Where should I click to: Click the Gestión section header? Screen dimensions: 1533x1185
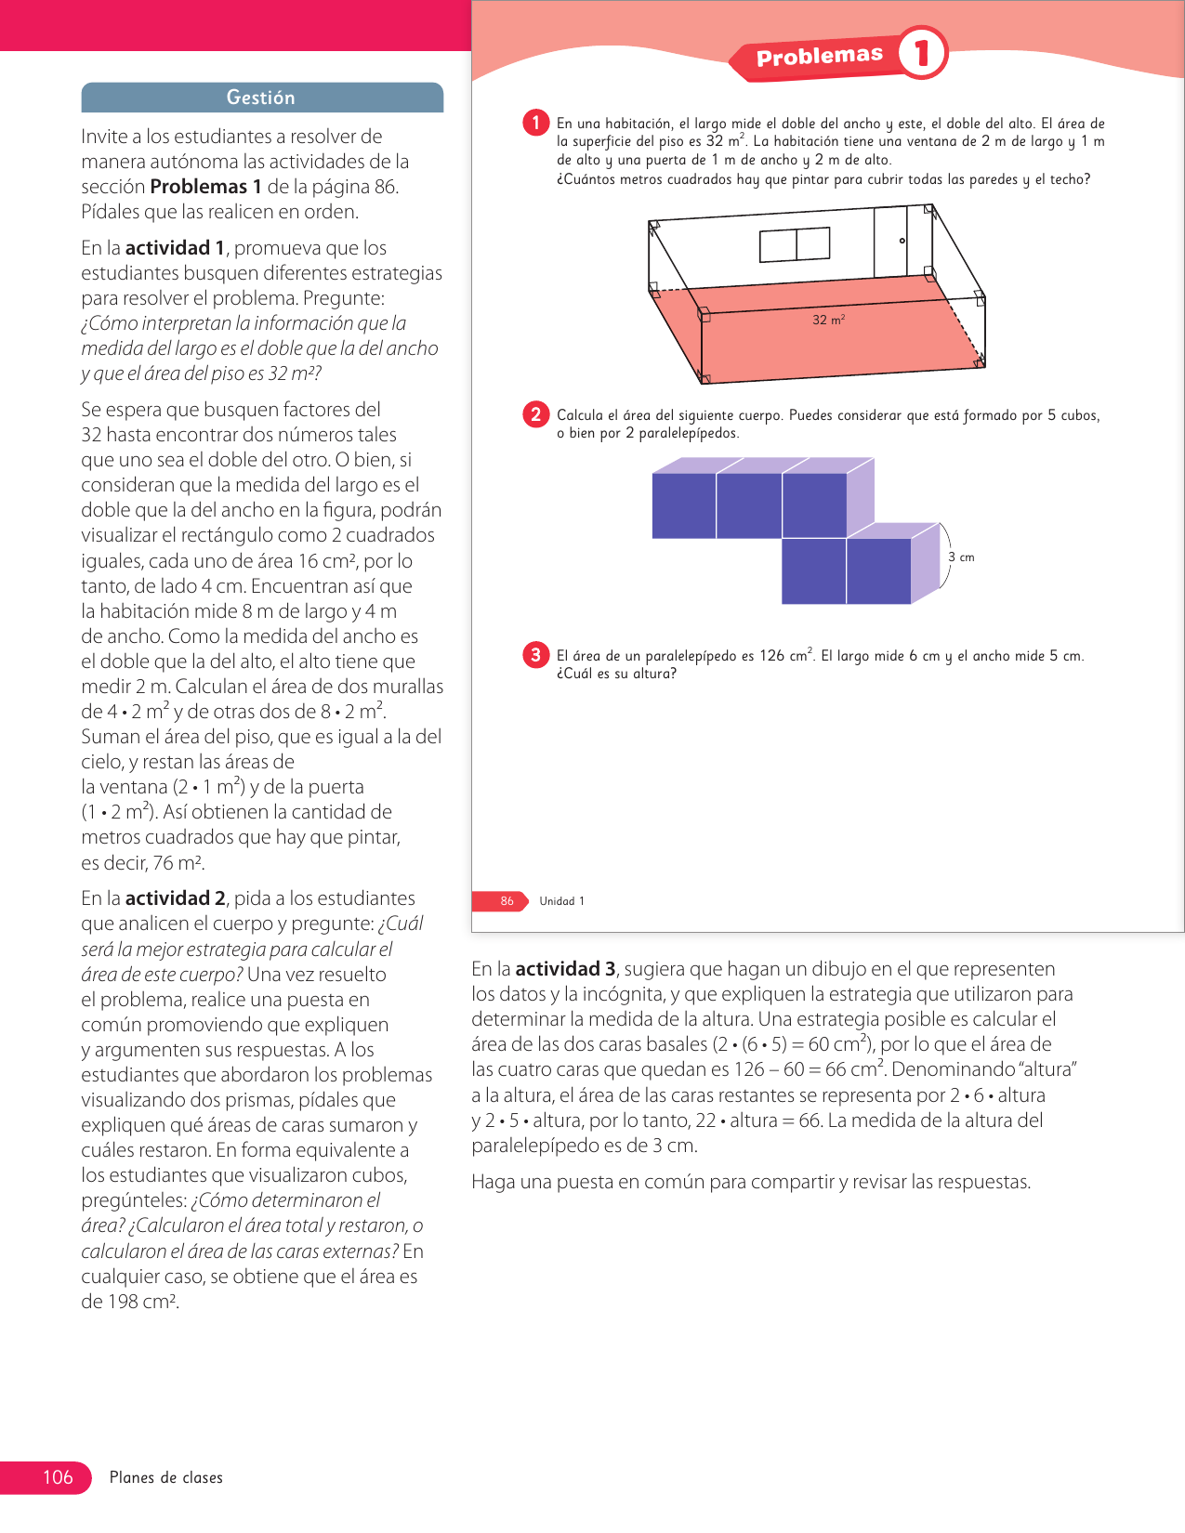tap(261, 98)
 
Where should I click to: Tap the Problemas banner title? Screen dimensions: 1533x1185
tap(819, 57)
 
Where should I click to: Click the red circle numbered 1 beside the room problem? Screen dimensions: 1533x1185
tap(536, 123)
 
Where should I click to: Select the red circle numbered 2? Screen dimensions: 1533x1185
tap(536, 414)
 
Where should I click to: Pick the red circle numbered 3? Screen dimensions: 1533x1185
tap(536, 655)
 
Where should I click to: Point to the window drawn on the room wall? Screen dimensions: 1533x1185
tap(795, 244)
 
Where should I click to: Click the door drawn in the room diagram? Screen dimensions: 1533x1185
tap(890, 242)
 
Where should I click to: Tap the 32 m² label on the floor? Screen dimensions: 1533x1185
tap(828, 320)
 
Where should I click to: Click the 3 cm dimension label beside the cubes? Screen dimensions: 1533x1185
tap(961, 557)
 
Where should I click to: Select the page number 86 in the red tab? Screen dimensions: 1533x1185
tap(507, 901)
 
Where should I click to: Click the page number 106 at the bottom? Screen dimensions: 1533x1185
tap(58, 1477)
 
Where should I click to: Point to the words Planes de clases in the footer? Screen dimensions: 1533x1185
tap(166, 1478)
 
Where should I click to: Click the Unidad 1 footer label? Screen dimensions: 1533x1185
tap(561, 901)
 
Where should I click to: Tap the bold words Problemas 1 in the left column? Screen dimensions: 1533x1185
tap(205, 187)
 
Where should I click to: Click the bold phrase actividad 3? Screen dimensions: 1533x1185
tap(565, 969)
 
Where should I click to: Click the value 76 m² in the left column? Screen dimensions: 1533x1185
tap(178, 863)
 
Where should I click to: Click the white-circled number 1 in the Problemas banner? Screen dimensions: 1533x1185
tap(922, 53)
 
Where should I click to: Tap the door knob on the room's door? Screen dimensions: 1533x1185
tap(902, 241)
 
